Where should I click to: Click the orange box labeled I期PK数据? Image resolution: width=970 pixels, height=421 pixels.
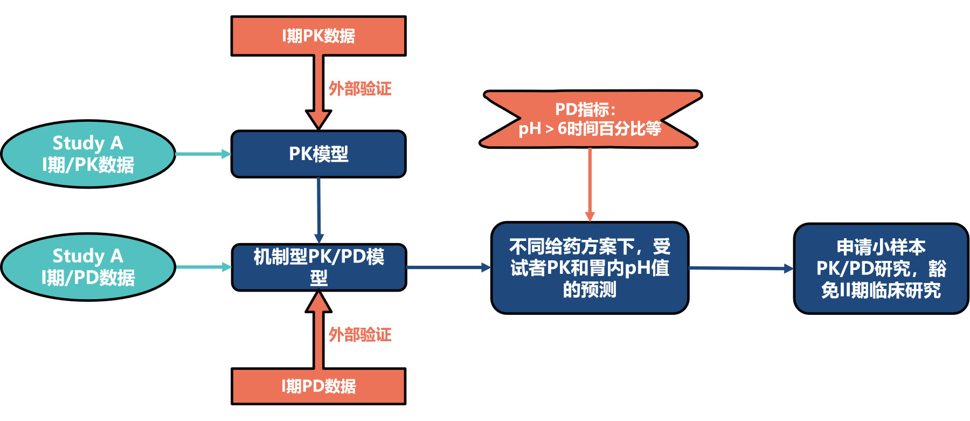318,36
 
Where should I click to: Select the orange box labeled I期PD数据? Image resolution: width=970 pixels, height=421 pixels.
318,386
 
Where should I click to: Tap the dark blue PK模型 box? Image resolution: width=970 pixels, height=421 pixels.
318,154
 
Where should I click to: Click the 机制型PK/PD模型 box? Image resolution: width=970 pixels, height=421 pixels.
318,267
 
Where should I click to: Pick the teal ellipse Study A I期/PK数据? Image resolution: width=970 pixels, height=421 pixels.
88,154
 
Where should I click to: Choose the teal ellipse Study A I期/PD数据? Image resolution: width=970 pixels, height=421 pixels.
88,267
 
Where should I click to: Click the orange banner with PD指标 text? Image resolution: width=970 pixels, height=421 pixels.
590,119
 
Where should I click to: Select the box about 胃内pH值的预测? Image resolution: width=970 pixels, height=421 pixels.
590,268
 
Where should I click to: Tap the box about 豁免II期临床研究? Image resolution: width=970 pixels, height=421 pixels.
881,268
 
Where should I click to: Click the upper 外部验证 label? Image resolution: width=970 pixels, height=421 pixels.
360,88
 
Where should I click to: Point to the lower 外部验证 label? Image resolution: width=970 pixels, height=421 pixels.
360,335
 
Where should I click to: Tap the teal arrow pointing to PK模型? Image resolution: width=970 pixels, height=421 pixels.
203,154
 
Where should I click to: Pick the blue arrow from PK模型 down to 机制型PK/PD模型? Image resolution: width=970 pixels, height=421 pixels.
319,210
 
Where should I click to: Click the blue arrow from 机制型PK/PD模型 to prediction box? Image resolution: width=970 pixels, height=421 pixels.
448,267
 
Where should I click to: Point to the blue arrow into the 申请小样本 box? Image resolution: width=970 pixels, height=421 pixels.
740,268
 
